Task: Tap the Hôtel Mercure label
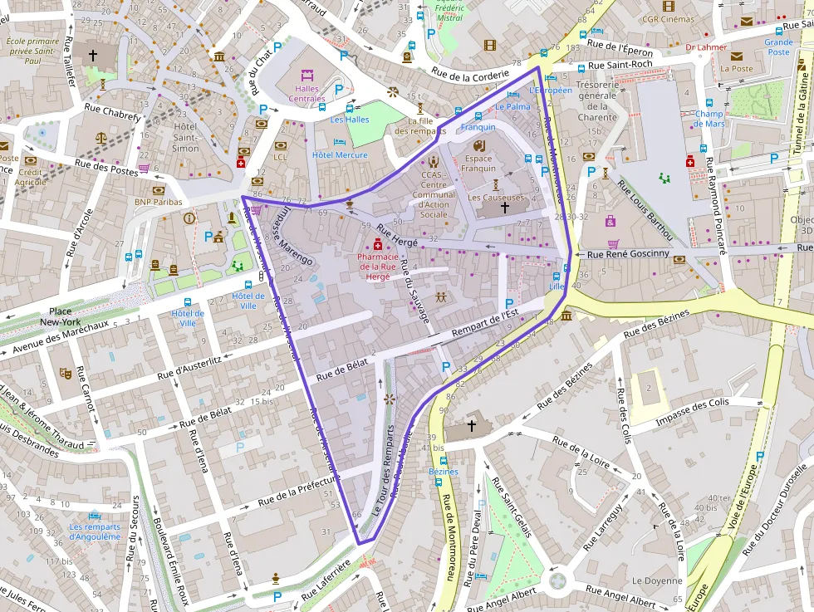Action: pos(340,155)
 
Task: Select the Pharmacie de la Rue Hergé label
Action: pos(378,267)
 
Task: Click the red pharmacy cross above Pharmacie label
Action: pos(378,246)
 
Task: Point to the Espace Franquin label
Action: pos(478,164)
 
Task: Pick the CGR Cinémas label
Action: pos(669,18)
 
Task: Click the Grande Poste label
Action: pos(778,47)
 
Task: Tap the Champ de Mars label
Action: pos(709,119)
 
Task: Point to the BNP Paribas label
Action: pos(158,201)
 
